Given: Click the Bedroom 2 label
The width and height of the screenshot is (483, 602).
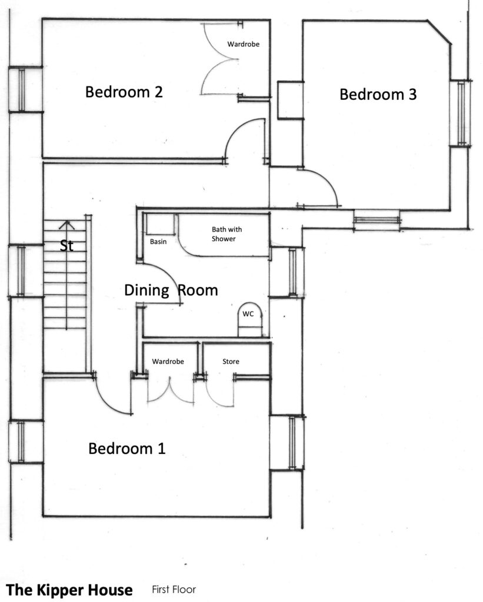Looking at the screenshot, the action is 124,92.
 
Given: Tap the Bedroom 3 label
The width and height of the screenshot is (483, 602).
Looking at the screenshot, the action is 378,95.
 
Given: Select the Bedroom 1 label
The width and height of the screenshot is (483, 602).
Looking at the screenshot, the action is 127,449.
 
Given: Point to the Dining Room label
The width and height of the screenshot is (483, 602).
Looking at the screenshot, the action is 171,290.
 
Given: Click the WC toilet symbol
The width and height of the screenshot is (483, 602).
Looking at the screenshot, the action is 250,319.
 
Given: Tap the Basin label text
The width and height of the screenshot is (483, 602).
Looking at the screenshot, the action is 158,242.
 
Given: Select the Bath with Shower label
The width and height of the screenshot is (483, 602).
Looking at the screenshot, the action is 226,234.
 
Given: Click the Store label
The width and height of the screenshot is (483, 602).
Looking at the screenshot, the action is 231,362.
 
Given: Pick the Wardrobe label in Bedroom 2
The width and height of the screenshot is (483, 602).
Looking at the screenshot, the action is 243,44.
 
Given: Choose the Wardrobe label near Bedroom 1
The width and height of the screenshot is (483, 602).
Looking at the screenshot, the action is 168,362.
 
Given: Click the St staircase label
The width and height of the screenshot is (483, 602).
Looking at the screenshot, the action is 66,246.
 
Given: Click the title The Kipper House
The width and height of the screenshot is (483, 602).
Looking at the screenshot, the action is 69,590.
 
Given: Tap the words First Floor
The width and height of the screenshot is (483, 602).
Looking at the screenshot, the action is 174,589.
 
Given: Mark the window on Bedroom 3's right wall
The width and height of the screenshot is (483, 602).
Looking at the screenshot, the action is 461,113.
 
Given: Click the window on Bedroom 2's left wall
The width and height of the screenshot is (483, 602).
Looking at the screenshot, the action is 22,89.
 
